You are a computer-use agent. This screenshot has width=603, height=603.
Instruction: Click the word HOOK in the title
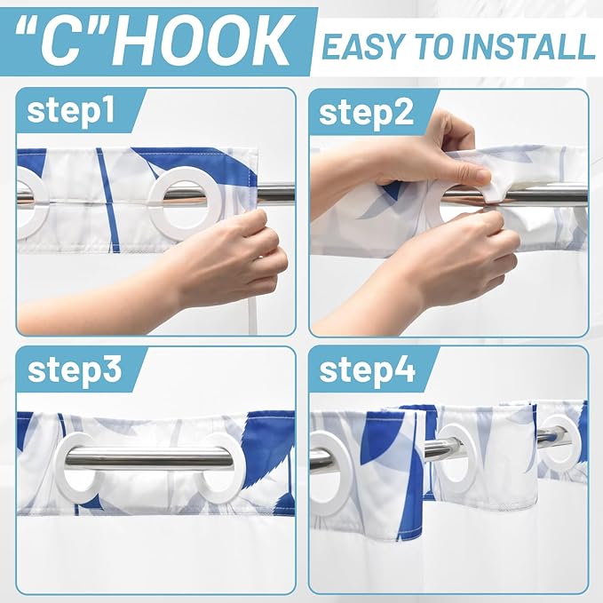201,40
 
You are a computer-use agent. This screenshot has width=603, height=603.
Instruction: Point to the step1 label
71,112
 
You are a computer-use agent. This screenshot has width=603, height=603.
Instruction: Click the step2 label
367,113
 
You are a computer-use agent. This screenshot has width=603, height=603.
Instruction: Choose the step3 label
75,370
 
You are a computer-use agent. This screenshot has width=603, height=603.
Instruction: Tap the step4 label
368,370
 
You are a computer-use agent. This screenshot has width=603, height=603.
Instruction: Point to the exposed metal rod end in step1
276,194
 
